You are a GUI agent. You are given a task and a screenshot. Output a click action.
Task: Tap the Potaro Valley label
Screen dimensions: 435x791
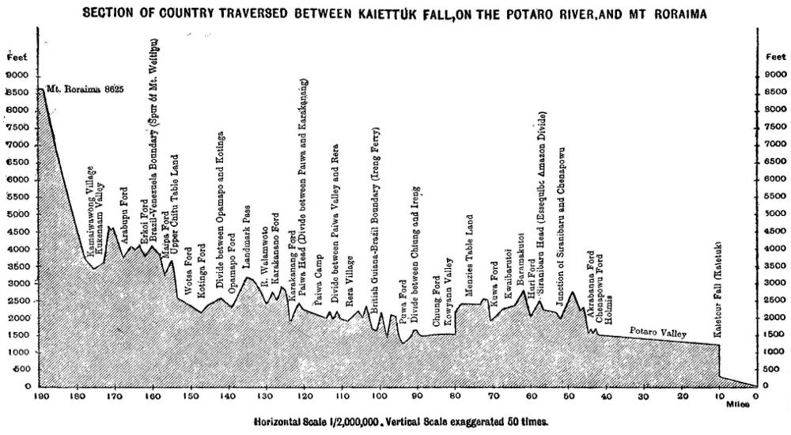658,332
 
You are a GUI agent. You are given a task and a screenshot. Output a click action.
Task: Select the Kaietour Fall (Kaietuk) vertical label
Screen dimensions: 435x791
718,290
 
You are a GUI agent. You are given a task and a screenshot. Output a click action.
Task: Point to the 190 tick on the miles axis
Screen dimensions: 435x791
39,396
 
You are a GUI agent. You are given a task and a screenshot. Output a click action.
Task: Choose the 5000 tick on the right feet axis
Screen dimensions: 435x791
774,214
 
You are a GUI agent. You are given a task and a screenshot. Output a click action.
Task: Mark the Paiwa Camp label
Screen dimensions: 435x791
317,286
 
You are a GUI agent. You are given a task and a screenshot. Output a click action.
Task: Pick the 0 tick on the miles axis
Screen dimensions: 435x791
755,396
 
